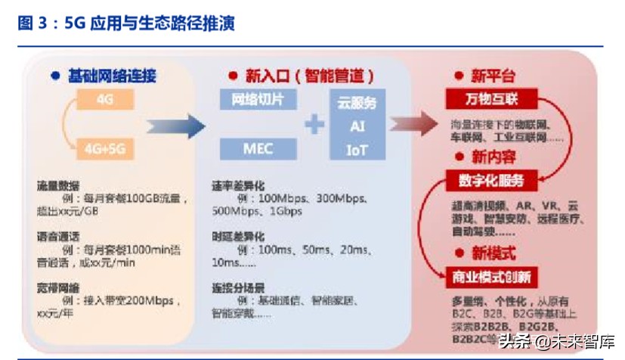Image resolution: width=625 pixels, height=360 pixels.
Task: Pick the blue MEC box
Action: point(258,148)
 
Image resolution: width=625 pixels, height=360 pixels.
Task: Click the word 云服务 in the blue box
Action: point(356,103)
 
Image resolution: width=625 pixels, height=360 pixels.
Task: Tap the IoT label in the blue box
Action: point(356,150)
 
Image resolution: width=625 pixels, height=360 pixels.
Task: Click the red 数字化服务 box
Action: point(490,181)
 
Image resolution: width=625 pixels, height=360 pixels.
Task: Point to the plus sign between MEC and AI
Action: point(314,124)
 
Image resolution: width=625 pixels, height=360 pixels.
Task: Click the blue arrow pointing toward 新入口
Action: point(175,126)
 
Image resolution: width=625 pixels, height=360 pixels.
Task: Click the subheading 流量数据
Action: point(57,185)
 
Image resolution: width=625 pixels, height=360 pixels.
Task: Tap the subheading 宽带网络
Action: point(57,287)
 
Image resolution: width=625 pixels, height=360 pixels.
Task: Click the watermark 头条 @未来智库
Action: point(556,341)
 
